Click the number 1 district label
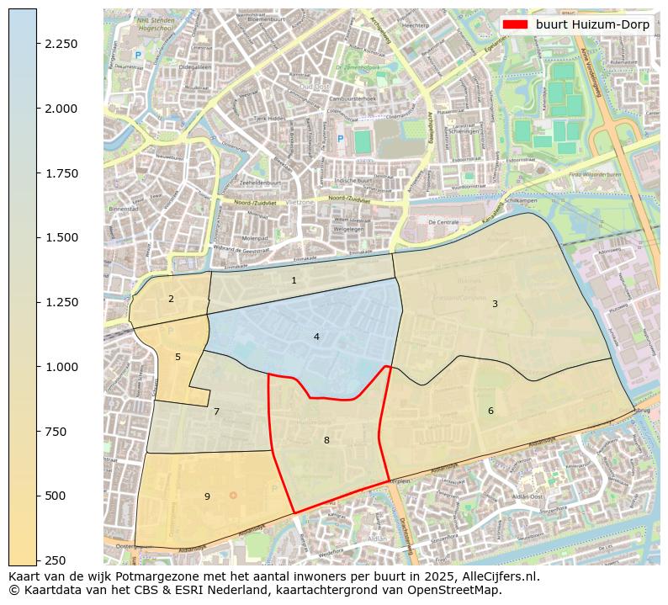tap(294, 280)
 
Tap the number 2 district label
tap(171, 299)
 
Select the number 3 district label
tap(495, 304)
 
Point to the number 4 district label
tap(316, 337)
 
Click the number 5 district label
tap(178, 357)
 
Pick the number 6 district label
tap(490, 411)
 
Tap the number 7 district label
tap(216, 411)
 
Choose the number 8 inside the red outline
tap(326, 440)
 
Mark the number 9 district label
tap(207, 496)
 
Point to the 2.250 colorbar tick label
tap(61, 44)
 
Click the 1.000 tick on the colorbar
tap(61, 367)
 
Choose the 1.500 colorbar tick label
tap(61, 237)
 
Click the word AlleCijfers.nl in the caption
tap(497, 577)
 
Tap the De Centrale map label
tap(443, 222)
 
